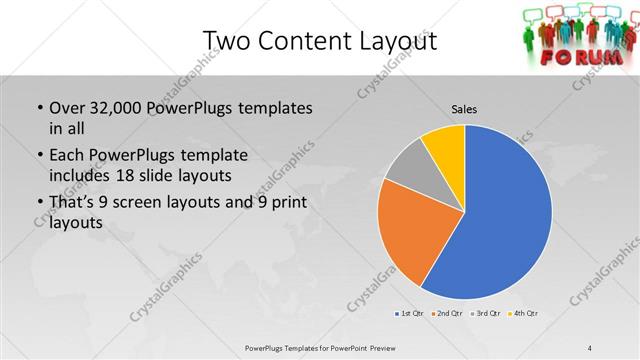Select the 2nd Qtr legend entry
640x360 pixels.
coord(446,314)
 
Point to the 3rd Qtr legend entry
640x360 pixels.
coord(486,314)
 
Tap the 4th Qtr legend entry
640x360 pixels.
coord(525,314)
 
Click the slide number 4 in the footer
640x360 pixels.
coord(590,347)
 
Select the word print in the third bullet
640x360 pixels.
coord(288,202)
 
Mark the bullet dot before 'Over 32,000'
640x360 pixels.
coord(38,108)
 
